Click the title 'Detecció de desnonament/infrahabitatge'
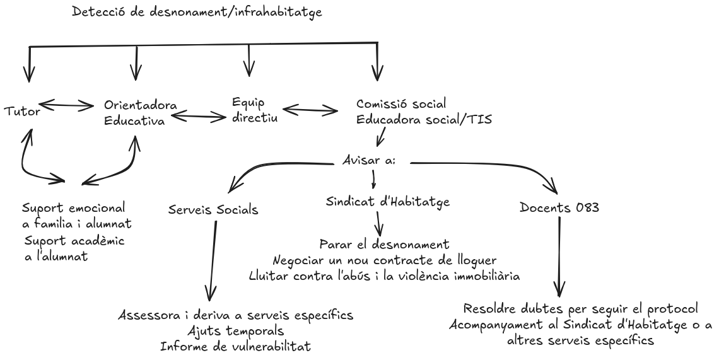[x=197, y=11]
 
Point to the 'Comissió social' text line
[x=401, y=104]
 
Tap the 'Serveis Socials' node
[x=213, y=210]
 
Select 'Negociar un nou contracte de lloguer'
[x=385, y=260]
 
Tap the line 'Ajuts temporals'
[x=236, y=330]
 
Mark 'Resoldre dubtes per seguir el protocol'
[x=581, y=309]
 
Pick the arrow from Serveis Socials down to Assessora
[x=213, y=258]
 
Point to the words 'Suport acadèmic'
[x=73, y=241]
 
